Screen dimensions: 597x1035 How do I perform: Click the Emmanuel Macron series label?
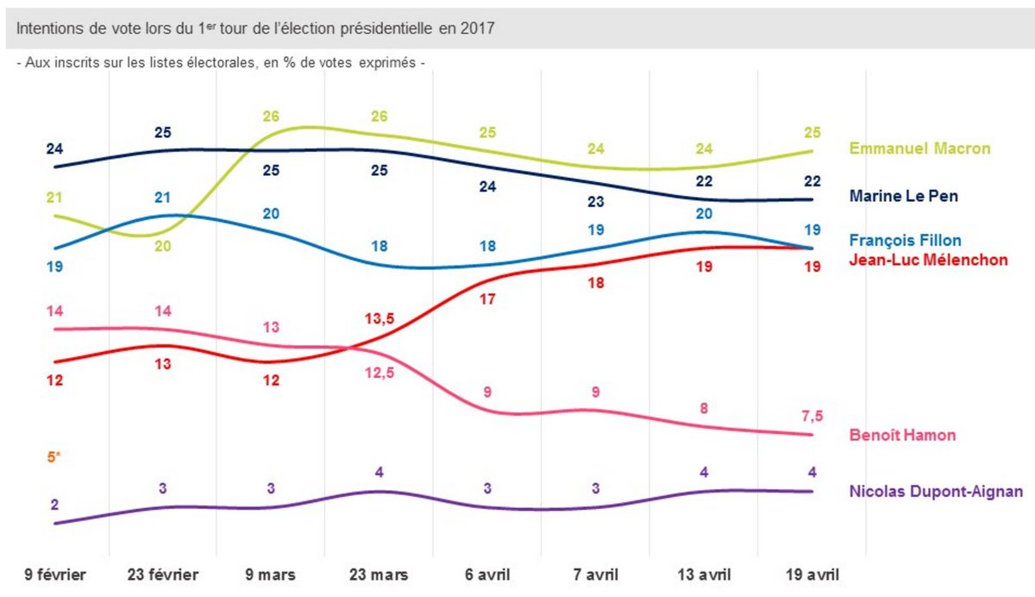[x=919, y=148]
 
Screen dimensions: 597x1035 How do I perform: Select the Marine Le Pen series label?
[x=903, y=197]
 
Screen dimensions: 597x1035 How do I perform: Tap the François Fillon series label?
[x=905, y=241]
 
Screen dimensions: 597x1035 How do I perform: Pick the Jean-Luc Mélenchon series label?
[x=928, y=259]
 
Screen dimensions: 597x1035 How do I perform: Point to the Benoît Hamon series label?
[x=902, y=435]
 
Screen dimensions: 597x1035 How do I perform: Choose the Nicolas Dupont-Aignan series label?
[x=936, y=492]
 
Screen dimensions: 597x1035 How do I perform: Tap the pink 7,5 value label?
[x=812, y=416]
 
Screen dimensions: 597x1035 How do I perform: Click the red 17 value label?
[x=487, y=300]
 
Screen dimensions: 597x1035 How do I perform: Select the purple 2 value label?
[x=54, y=505]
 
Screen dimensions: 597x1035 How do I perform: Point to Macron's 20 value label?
[x=163, y=247]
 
